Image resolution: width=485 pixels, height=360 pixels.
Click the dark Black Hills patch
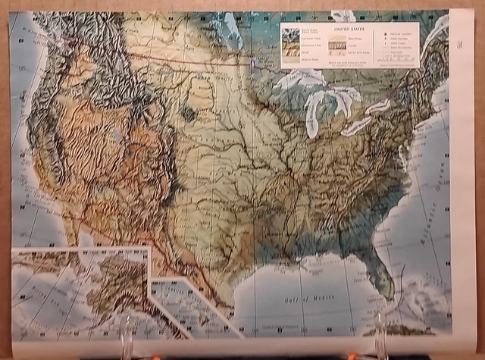click(186, 114)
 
